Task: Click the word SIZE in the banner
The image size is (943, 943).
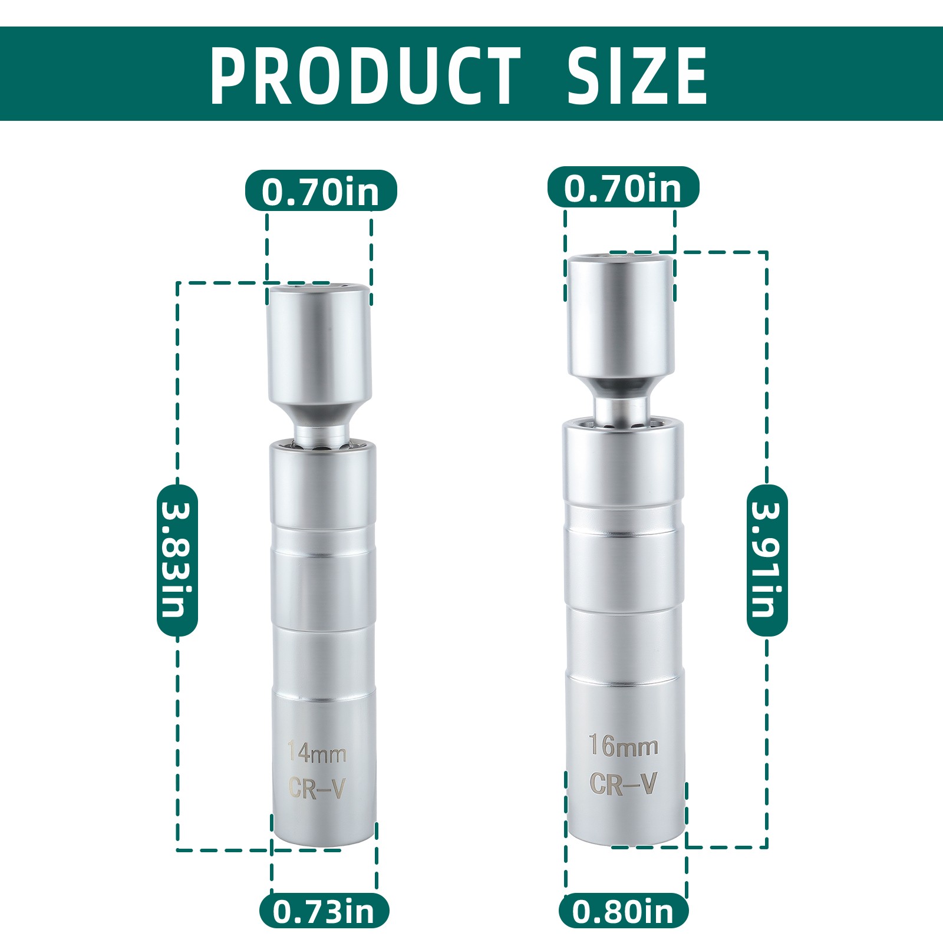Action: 637,76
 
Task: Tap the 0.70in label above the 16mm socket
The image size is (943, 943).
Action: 623,187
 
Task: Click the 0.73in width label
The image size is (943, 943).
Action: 324,911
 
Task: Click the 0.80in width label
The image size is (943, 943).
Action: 624,911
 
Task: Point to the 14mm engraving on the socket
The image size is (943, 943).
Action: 316,753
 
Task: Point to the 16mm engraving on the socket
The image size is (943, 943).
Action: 624,746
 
